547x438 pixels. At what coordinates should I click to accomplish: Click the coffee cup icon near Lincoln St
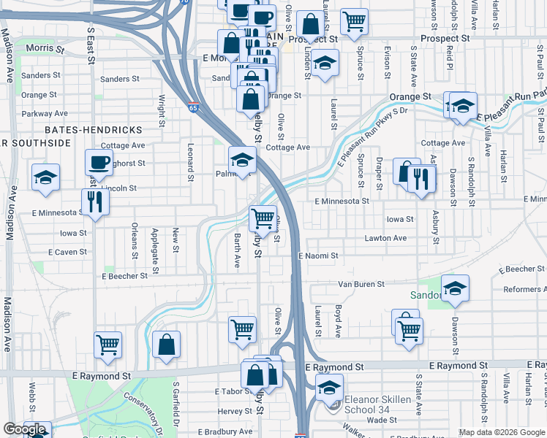click(x=99, y=161)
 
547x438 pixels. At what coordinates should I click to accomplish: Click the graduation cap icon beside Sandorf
click(x=455, y=288)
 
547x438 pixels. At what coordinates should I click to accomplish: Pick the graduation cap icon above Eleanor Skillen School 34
click(x=329, y=386)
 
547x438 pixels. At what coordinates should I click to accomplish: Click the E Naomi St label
click(x=318, y=256)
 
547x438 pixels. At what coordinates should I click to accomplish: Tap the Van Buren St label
click(x=361, y=284)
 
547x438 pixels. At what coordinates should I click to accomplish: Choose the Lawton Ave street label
click(x=385, y=238)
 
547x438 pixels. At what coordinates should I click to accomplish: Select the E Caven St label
click(x=67, y=252)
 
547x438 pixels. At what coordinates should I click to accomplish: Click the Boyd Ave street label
click(x=338, y=321)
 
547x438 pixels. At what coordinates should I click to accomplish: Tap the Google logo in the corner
click(x=25, y=430)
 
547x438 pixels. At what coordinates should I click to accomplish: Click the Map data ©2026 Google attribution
click(x=502, y=432)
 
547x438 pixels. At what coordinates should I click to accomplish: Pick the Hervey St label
click(x=234, y=412)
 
